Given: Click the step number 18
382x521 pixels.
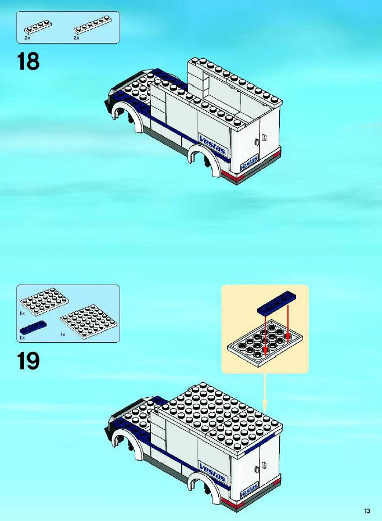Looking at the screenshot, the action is click(x=28, y=62).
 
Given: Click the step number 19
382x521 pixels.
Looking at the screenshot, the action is click(x=28, y=361).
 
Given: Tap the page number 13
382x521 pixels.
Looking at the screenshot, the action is click(x=367, y=511).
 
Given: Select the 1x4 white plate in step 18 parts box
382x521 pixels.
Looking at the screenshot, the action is click(x=37, y=27).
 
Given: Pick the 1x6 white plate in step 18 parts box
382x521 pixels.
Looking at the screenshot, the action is click(x=92, y=24).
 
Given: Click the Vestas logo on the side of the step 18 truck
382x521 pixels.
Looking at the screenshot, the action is click(x=212, y=145).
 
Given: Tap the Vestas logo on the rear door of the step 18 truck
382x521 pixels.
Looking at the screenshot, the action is click(x=249, y=163).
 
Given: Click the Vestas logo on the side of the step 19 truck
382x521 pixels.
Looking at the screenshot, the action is click(x=212, y=472).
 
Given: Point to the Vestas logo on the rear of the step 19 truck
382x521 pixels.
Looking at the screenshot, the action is click(x=249, y=490).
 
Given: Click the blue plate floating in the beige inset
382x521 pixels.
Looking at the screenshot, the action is click(x=277, y=304).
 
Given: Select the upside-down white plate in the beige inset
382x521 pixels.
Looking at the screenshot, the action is click(x=265, y=343).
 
